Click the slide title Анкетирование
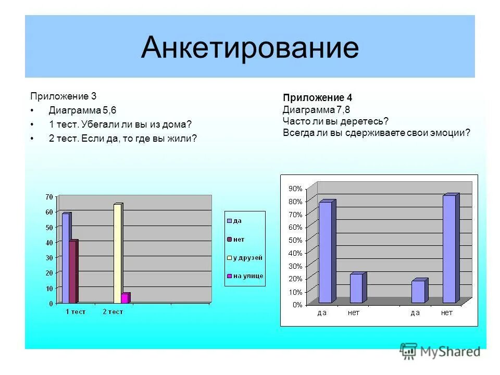249,48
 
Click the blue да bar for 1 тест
66,258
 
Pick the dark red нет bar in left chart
73,271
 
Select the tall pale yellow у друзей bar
117,253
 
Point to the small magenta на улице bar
125,297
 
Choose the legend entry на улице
247,276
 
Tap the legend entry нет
239,239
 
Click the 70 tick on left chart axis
49,196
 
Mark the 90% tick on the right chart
295,189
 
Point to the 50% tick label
295,240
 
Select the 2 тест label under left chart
113,311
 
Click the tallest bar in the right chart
449,249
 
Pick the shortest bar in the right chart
418,292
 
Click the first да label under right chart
324,312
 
